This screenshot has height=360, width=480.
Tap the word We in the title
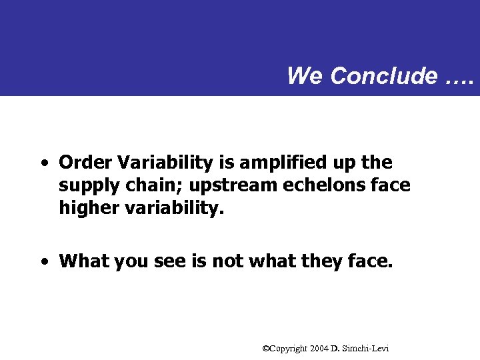click(x=305, y=76)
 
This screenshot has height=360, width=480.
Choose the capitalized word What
click(x=84, y=261)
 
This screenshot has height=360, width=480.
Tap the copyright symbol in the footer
click(x=267, y=349)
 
